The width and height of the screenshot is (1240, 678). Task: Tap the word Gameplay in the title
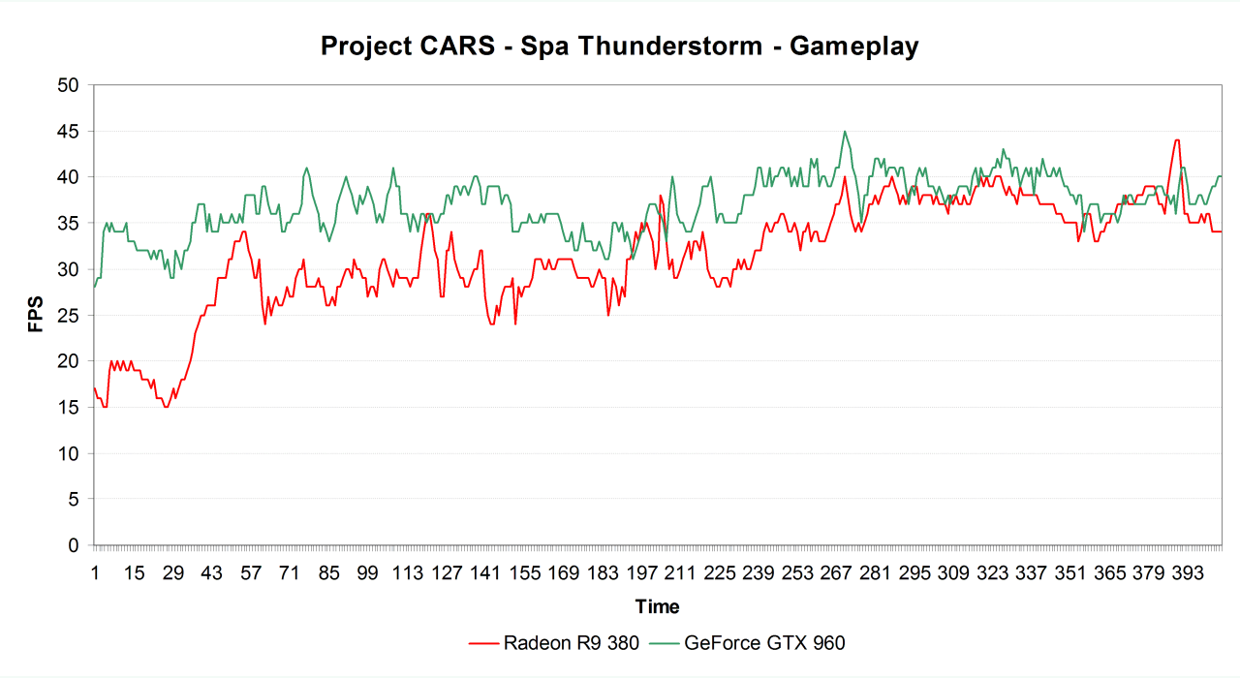(853, 46)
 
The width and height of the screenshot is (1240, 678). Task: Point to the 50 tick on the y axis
(67, 85)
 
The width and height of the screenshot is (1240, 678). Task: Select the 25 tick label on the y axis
(67, 316)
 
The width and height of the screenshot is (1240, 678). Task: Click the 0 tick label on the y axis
(73, 545)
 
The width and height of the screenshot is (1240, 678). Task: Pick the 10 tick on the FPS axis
(67, 453)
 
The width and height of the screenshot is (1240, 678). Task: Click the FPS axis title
(36, 315)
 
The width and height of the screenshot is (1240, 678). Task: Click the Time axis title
(657, 607)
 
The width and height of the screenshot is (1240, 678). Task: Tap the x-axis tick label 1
(95, 572)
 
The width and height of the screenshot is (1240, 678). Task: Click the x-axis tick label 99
(367, 572)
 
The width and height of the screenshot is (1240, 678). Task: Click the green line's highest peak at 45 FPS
(845, 132)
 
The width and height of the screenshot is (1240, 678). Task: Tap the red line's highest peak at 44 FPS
(1176, 140)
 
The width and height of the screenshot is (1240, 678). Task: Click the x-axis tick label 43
(212, 572)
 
